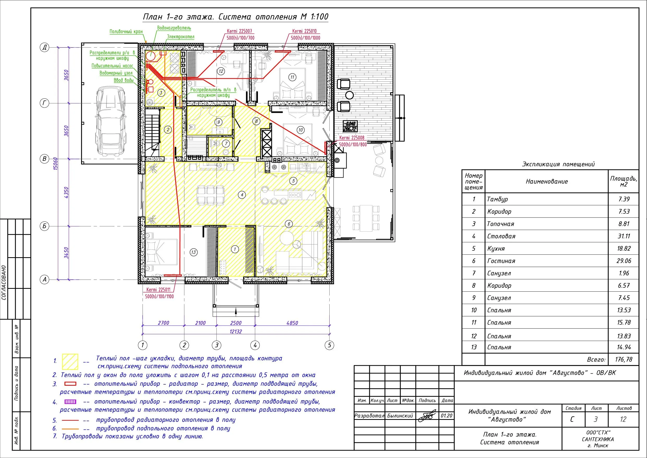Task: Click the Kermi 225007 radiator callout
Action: [239, 31]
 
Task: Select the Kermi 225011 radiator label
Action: [158, 290]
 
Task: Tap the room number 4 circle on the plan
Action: [242, 195]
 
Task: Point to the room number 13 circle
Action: [193, 252]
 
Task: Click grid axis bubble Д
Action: [44, 47]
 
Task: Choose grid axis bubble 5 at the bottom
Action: [329, 345]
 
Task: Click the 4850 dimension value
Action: [292, 323]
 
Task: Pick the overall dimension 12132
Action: [235, 332]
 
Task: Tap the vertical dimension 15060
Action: [56, 163]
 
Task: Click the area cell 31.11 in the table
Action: [624, 236]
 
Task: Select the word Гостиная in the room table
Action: [501, 261]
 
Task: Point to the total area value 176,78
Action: [624, 360]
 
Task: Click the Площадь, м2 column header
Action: [624, 181]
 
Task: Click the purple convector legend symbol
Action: [70, 402]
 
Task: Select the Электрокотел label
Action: [180, 37]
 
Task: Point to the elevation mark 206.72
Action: [350, 129]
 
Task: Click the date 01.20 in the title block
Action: [446, 416]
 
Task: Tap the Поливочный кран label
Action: [126, 32]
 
